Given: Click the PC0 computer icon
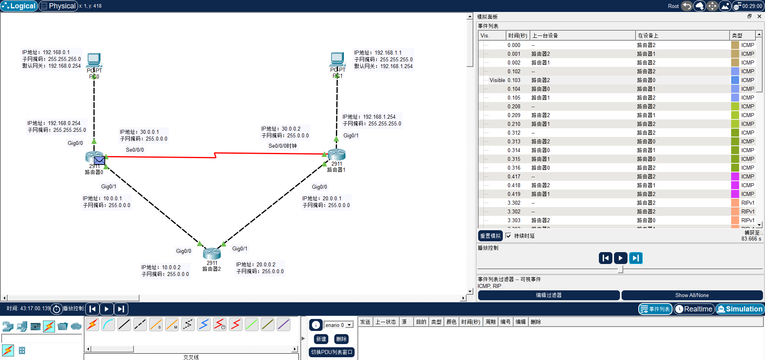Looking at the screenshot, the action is click(x=94, y=60).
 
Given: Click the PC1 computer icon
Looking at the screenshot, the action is click(x=337, y=59).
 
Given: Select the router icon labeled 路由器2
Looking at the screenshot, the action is click(x=212, y=254).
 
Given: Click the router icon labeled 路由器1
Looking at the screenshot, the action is click(x=337, y=154).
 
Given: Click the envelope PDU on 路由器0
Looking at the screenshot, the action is click(x=100, y=160).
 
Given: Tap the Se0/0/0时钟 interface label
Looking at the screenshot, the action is click(x=282, y=146).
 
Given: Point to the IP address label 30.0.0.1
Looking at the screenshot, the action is click(x=139, y=132).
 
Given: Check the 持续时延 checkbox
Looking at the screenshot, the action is click(x=508, y=236).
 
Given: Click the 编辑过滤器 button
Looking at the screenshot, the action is click(x=549, y=295).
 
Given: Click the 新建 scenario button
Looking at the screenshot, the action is click(x=321, y=339).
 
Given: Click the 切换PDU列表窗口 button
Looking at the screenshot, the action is click(x=331, y=352).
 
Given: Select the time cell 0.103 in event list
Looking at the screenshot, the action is click(x=514, y=80).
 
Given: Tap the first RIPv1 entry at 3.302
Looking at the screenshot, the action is click(x=747, y=203).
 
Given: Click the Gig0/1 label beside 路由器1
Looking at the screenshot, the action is click(x=351, y=135).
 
